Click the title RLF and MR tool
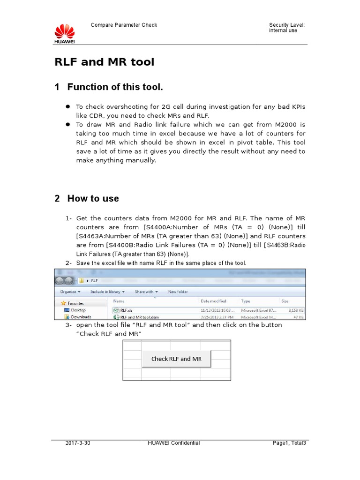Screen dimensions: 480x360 tap(104, 62)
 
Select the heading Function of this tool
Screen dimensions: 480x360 tap(115, 87)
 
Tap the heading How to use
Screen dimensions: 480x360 tap(93, 198)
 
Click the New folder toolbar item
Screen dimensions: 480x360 tap(178, 292)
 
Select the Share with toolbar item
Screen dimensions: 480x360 tap(146, 292)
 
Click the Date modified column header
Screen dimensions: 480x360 tap(213, 301)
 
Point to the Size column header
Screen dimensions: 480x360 tap(285, 301)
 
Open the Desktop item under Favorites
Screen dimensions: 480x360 tap(78, 310)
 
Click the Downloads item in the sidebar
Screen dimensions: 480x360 tap(81, 317)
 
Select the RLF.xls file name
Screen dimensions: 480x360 tap(126, 310)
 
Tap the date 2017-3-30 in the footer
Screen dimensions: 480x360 tap(78, 443)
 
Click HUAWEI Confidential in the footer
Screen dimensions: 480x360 tap(173, 443)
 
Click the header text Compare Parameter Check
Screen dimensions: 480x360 tap(123, 25)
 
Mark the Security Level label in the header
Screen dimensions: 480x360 tap(287, 25)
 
